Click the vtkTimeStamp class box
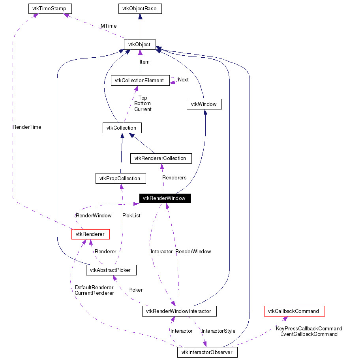[50, 8]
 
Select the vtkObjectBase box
[140, 8]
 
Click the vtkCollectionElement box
[140, 80]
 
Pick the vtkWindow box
[204, 104]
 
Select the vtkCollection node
[122, 128]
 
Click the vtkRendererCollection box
[161, 158]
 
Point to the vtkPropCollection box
[120, 178]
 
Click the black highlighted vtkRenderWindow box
[165, 198]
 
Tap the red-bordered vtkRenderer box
[90, 234]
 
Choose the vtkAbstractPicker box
[111, 270]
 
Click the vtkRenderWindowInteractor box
[179, 311]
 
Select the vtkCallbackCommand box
[294, 311]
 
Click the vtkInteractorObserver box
[207, 352]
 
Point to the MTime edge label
[108, 26]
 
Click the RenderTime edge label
[27, 127]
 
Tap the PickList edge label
[131, 215]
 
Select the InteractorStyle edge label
[218, 331]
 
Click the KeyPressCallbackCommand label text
[309, 328]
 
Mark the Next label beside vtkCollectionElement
[183, 79]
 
